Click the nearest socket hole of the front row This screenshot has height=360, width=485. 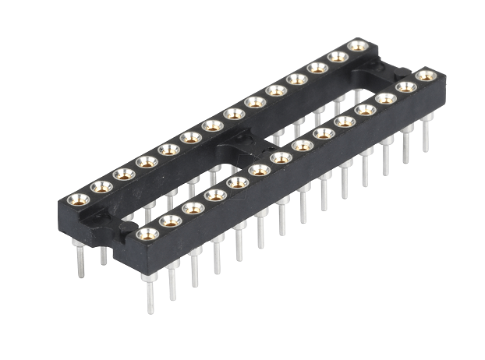tap(147, 233)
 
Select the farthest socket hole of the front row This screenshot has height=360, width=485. tap(425, 76)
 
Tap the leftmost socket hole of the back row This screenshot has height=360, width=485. tap(78, 199)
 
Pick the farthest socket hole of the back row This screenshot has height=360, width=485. tap(358, 45)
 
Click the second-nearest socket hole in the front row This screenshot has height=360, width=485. tap(171, 221)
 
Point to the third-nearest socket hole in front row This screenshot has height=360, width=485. tap(193, 207)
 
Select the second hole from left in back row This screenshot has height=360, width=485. tap(101, 186)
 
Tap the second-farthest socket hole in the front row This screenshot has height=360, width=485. tap(405, 87)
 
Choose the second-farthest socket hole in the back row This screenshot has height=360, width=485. tap(338, 56)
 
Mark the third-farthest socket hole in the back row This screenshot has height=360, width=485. tap(317, 68)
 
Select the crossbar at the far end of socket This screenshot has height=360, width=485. tap(387, 75)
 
